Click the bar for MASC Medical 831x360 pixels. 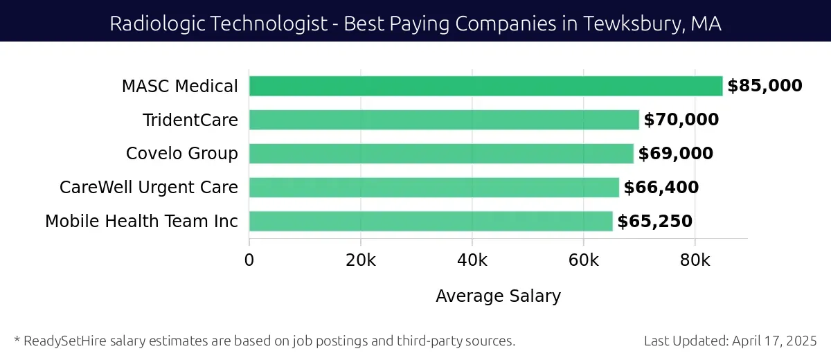coord(485,86)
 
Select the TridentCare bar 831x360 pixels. coord(444,120)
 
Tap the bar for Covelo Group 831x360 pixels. coord(441,154)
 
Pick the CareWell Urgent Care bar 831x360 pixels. coord(434,188)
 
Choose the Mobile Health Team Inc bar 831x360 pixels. coord(431,222)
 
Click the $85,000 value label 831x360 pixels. coord(765,86)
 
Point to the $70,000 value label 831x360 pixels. coord(681,120)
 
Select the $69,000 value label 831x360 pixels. coord(675,154)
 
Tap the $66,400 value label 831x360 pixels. coord(661,188)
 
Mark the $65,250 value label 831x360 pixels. coord(654,222)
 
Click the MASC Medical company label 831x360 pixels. coord(180,87)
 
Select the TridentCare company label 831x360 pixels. coord(190,120)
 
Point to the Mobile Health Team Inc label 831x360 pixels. coord(141,222)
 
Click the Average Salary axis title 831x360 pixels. coord(498,296)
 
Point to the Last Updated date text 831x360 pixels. coord(730,341)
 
